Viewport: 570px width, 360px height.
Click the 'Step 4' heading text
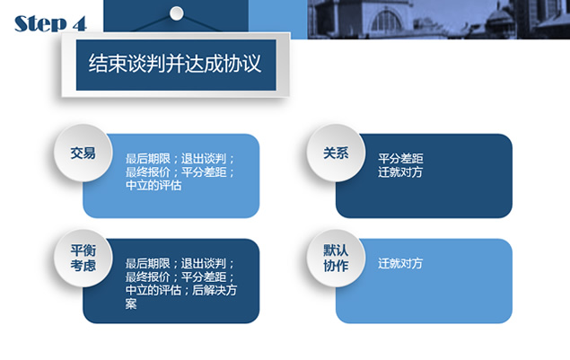pos(50,23)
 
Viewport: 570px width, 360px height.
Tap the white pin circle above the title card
pos(177,13)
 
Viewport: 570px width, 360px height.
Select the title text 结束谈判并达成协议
pos(175,63)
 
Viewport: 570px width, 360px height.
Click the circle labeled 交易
pos(83,153)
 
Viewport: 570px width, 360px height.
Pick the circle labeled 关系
pos(336,153)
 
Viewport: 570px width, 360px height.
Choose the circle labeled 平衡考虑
pos(83,258)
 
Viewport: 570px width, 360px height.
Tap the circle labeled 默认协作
pos(336,258)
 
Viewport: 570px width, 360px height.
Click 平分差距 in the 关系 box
pos(400,158)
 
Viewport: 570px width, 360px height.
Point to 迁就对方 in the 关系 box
pos(400,171)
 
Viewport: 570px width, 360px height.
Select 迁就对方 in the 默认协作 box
pos(400,263)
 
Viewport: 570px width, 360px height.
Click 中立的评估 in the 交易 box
pos(153,185)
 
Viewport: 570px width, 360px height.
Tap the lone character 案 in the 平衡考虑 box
pos(131,303)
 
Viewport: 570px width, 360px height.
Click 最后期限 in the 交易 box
pos(147,159)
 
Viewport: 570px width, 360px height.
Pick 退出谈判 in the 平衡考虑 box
pos(203,263)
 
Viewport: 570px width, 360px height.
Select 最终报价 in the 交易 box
pos(147,172)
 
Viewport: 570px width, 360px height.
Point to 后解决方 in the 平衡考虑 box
pos(215,290)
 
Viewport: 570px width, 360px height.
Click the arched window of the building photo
pos(386,21)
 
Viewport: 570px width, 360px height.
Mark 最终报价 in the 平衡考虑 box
pos(147,277)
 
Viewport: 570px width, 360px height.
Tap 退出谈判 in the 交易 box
pos(203,159)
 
